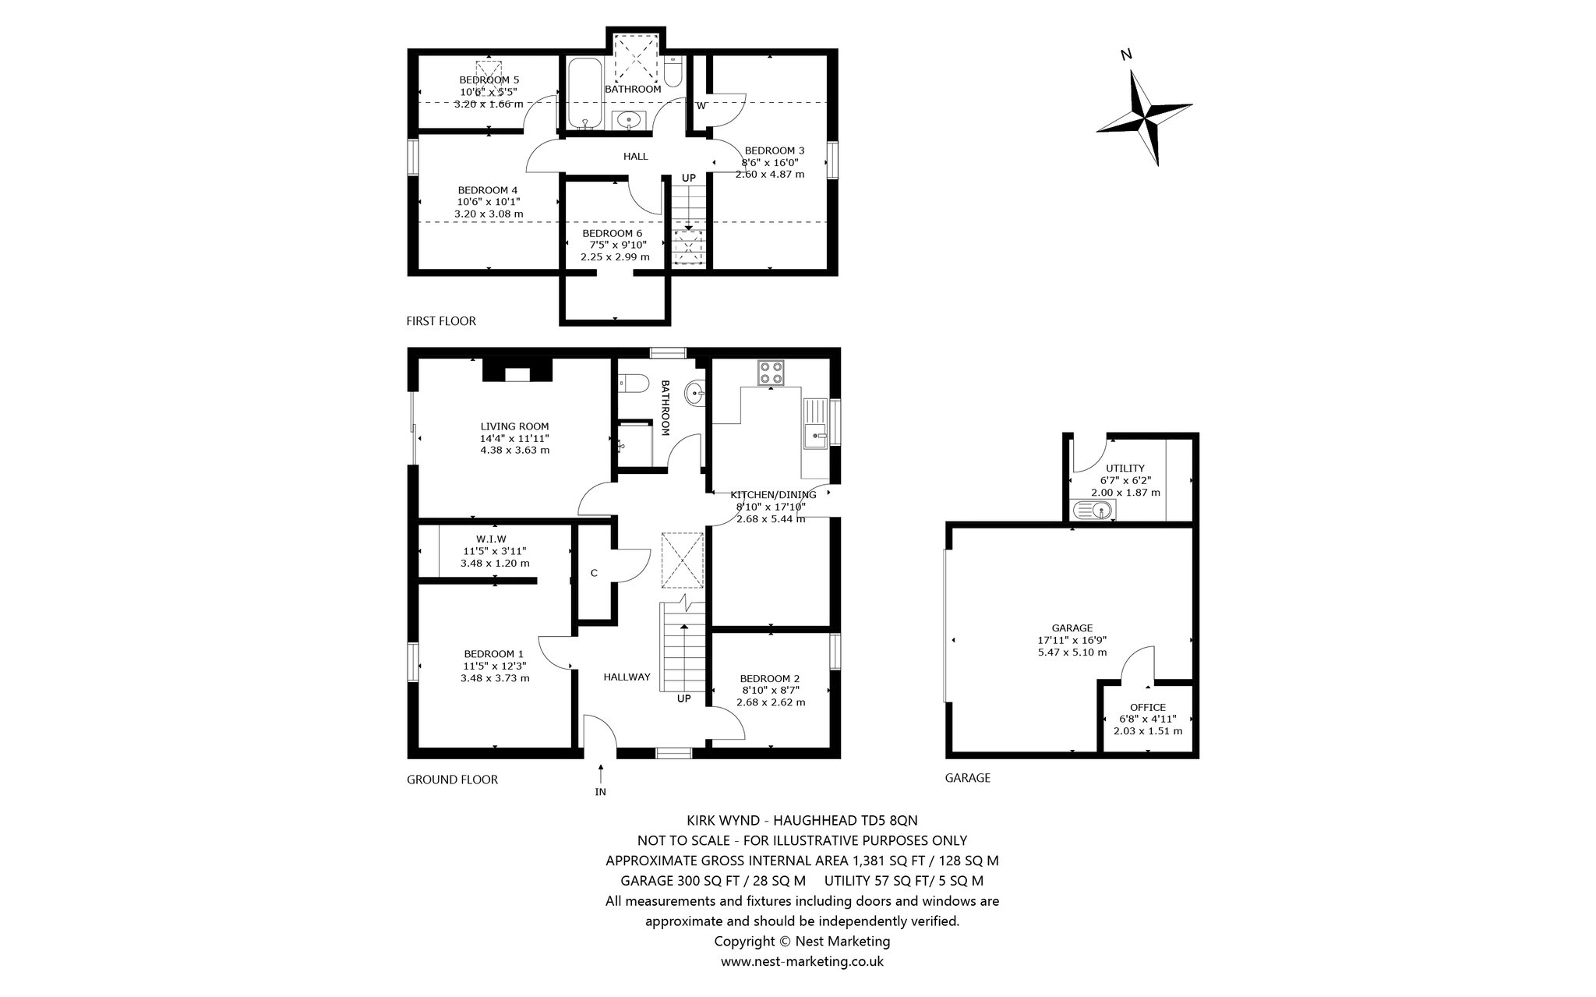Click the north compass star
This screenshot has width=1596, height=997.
tap(1144, 117)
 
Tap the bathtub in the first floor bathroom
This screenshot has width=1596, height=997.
tap(584, 92)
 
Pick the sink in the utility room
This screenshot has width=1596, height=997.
tap(1093, 510)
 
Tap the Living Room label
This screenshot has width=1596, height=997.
tap(514, 426)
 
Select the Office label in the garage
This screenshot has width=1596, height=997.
tap(1148, 707)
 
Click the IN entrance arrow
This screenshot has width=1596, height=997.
tap(601, 774)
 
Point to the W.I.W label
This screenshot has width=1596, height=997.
tap(492, 539)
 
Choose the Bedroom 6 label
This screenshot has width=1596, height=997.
tap(613, 233)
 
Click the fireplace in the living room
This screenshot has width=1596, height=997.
tap(517, 369)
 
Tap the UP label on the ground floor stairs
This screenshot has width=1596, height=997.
tap(683, 698)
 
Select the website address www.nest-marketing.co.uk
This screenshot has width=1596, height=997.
tap(802, 961)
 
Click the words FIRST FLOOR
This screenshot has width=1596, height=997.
tap(441, 321)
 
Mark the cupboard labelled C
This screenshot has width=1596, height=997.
tap(594, 573)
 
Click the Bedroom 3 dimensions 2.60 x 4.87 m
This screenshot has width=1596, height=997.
tap(770, 175)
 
